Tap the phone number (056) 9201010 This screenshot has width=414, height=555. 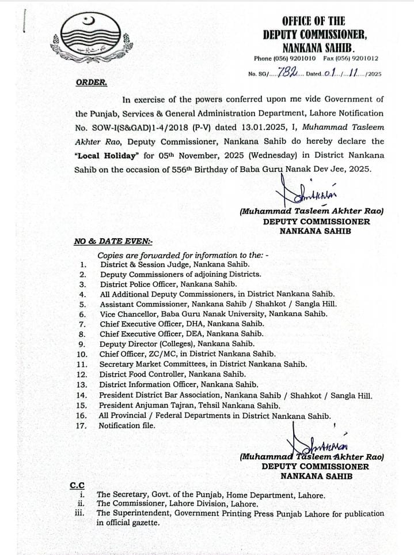point(295,59)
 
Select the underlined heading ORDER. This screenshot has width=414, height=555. point(91,82)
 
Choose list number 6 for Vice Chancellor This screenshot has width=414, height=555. point(82,314)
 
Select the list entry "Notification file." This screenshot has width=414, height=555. point(127,426)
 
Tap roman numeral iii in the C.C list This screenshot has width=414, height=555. point(80,513)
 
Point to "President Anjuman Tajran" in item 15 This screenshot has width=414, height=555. point(147,406)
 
